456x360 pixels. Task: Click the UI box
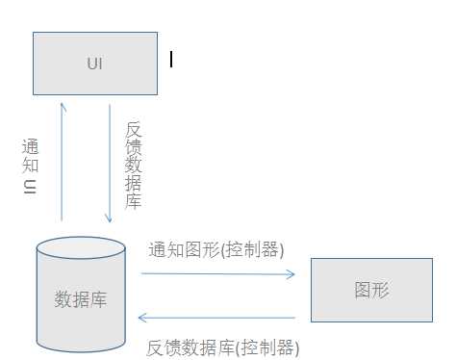(x=95, y=64)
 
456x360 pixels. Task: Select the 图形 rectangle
(x=371, y=290)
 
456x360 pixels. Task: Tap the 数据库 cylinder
(x=81, y=298)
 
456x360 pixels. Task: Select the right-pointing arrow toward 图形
(x=217, y=274)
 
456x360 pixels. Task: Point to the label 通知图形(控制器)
(x=216, y=250)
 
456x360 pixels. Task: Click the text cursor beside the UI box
(x=171, y=60)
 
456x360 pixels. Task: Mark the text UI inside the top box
(x=94, y=64)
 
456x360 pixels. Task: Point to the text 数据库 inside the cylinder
(x=81, y=299)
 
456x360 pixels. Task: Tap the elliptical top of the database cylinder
(x=81, y=247)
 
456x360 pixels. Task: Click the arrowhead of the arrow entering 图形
(x=291, y=274)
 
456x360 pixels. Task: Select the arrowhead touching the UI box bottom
(x=63, y=106)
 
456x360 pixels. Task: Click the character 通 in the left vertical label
(x=30, y=147)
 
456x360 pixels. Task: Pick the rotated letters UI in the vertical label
(x=30, y=188)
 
